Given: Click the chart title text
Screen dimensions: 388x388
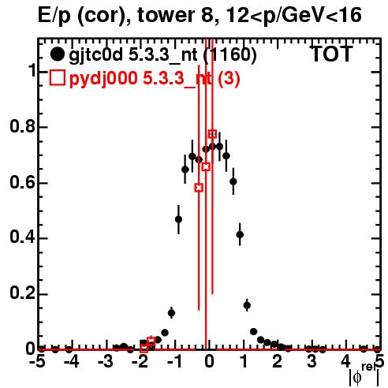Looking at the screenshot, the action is pyautogui.click(x=200, y=15).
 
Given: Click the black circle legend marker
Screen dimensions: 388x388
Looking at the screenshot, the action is pyautogui.click(x=57, y=54).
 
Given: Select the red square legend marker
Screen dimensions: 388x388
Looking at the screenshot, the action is pyautogui.click(x=58, y=78).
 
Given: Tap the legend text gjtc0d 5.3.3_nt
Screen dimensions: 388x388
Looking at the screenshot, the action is pyautogui.click(x=133, y=55).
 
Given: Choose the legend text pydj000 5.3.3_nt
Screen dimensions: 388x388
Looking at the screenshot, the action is pyautogui.click(x=140, y=78).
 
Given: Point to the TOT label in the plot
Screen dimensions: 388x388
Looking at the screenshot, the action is pyautogui.click(x=332, y=54).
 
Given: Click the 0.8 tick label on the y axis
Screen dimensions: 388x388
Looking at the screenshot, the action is pyautogui.click(x=22, y=126).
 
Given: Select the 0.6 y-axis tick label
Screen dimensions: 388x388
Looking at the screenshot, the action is pyautogui.click(x=22, y=182).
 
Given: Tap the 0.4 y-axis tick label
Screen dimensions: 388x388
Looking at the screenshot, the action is pyautogui.click(x=22, y=237).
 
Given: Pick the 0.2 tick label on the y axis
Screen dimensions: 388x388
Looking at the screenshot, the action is pyautogui.click(x=22, y=293).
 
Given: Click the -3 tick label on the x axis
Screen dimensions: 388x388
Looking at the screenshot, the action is pyautogui.click(x=106, y=362).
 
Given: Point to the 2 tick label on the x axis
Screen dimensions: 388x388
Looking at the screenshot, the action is pyautogui.click(x=278, y=362).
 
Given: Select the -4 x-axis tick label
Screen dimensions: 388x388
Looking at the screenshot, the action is pyautogui.click(x=71, y=362).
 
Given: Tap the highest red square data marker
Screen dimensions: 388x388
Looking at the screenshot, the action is pyautogui.click(x=212, y=134).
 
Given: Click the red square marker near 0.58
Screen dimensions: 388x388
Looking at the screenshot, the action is pyautogui.click(x=199, y=188).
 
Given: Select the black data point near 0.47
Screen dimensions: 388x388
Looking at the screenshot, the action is pyautogui.click(x=178, y=219).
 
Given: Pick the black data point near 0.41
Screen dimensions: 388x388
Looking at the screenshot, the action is pyautogui.click(x=240, y=234).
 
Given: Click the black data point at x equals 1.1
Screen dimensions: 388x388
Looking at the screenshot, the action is pyautogui.click(x=247, y=305).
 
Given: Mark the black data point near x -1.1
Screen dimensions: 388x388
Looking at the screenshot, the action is pyautogui.click(x=171, y=313).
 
